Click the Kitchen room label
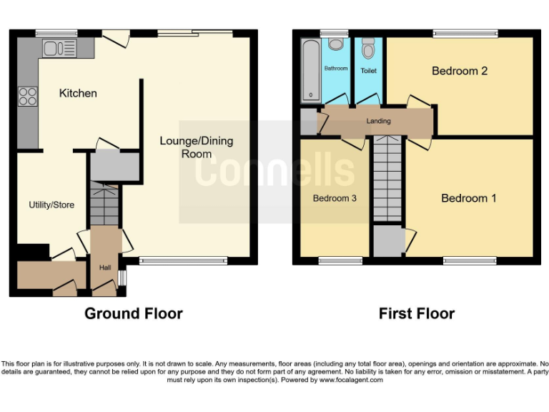78,94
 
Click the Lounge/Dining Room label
196,147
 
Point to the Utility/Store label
51,205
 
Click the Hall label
105,268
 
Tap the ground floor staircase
104,203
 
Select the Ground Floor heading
134,313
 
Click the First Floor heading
417,313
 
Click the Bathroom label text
336,69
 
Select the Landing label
378,121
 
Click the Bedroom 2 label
460,71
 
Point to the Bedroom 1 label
468,198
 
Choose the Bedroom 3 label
335,198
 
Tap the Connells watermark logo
275,170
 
